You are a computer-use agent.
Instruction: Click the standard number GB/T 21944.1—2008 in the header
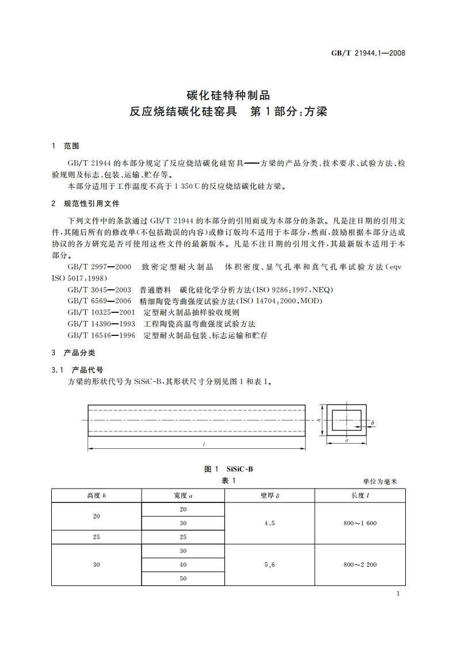pos(368,52)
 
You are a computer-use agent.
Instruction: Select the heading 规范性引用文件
pos(92,205)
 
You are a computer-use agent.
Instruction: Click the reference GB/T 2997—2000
pos(99,267)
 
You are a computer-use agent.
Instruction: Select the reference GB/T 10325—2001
pos(102,312)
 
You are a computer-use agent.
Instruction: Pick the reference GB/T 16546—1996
pos(102,334)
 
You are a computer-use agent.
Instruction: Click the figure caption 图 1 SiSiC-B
pos(228,468)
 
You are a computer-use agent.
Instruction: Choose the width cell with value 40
pos(183,565)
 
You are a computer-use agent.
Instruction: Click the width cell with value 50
pos(183,578)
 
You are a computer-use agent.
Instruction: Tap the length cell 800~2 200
pos(360,565)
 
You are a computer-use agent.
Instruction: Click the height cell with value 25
pos(96,536)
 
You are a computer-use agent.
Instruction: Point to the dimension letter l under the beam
pos(204,444)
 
